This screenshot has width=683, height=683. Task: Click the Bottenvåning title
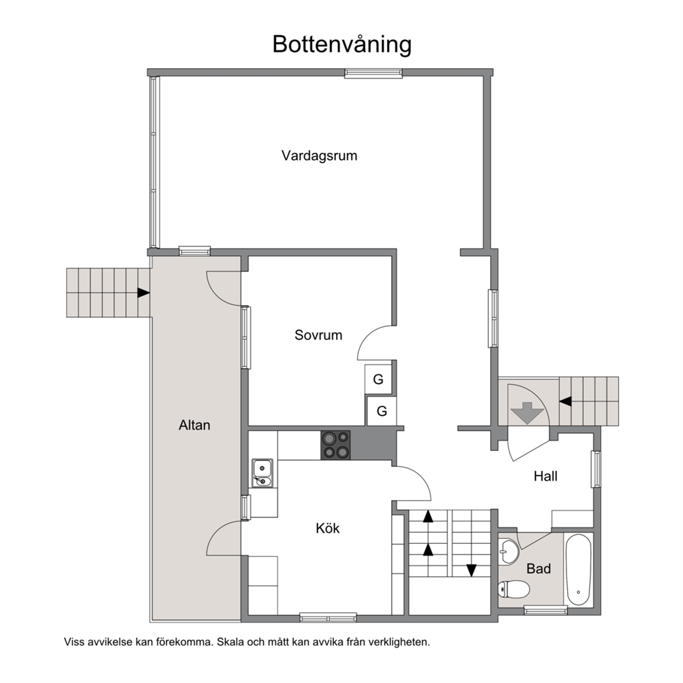coord(342,45)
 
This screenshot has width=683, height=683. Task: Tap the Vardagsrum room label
coord(319,156)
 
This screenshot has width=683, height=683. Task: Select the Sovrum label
coord(318,335)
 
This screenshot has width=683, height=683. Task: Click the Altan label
coord(194,425)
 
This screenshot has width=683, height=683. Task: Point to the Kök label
coord(328,528)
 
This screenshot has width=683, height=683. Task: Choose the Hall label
coord(545,476)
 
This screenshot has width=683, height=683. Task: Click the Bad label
coord(538,569)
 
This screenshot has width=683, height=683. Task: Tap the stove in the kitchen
coord(336,445)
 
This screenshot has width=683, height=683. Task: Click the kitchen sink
coord(262,472)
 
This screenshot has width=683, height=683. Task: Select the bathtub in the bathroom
coord(578,569)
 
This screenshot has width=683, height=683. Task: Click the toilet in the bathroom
coord(514,590)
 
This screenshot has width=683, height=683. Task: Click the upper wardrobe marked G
coord(378,379)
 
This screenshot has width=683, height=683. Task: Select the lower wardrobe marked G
coord(381,411)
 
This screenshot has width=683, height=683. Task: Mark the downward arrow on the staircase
coord(472,570)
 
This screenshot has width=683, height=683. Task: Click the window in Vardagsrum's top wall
coord(373,73)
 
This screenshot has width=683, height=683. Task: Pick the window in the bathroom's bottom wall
coord(545,610)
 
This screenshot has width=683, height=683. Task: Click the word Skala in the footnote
coord(231,642)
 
